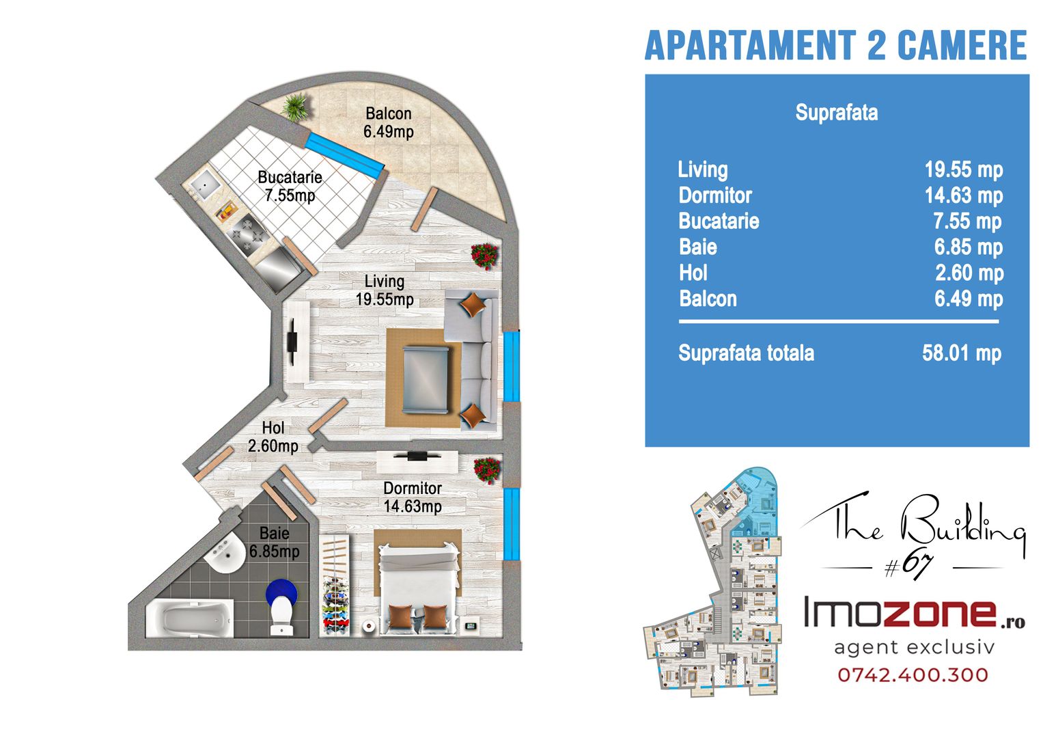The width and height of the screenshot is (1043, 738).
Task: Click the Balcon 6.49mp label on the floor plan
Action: (x=389, y=122)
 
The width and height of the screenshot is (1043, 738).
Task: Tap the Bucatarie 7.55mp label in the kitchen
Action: (x=290, y=186)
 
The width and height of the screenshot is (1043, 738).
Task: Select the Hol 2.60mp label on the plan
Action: (x=273, y=437)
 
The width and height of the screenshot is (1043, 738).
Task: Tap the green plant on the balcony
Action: (x=295, y=108)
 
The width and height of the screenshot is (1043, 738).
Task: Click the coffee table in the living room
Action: (x=426, y=379)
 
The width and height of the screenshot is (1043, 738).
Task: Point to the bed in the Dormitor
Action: (x=418, y=588)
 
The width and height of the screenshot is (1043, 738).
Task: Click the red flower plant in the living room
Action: (x=485, y=256)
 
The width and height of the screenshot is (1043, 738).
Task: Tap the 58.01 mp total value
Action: (x=962, y=353)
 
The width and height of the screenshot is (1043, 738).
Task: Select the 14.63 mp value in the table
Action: (x=963, y=195)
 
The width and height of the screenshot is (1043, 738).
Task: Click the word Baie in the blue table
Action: (x=697, y=247)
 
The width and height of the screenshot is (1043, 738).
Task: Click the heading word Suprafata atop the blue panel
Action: (x=836, y=113)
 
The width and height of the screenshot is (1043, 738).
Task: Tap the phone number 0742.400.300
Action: (x=913, y=674)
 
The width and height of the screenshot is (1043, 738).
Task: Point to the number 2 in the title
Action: (x=876, y=45)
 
